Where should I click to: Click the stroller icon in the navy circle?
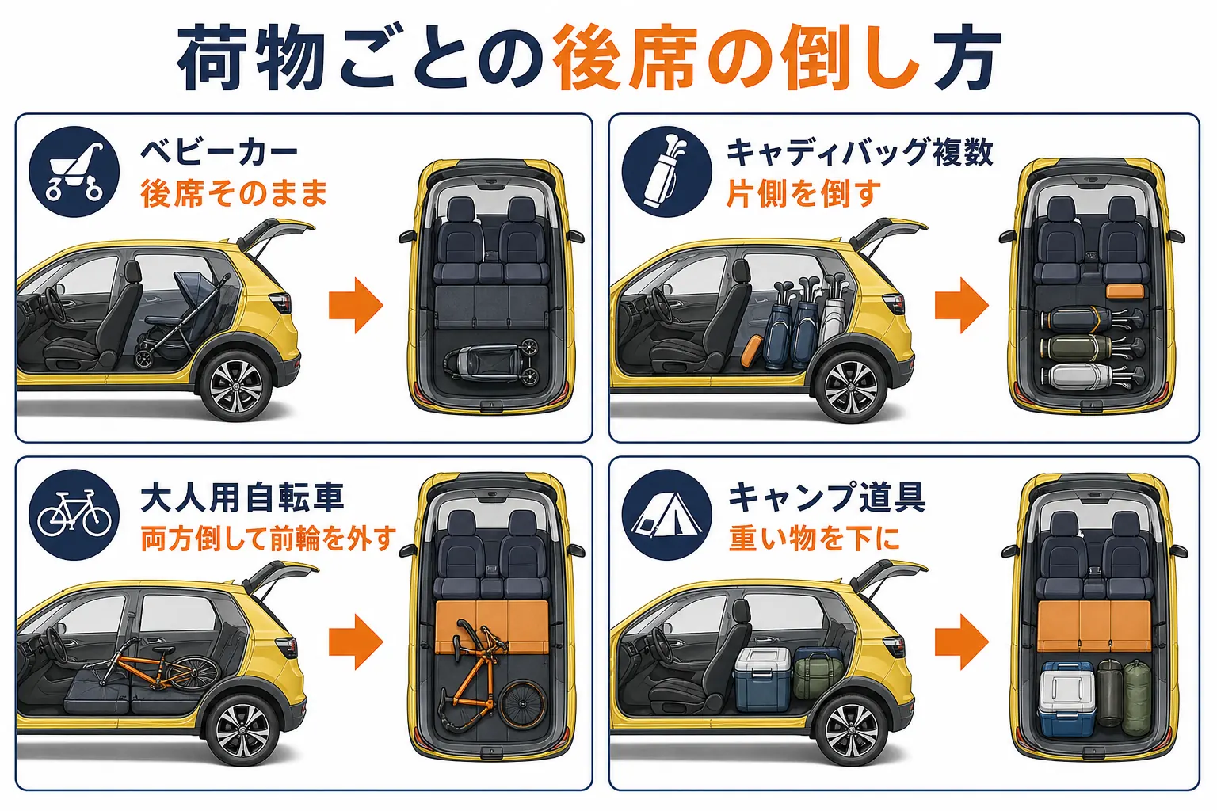[x=74, y=172]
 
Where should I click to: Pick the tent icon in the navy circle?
[x=666, y=515]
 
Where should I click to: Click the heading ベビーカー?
[x=219, y=151]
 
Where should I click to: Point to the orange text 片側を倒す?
[x=803, y=193]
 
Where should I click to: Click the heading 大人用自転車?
[x=242, y=497]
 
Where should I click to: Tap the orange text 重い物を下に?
[x=814, y=539]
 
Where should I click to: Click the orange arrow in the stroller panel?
[x=356, y=305]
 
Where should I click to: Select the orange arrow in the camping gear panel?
[x=962, y=642]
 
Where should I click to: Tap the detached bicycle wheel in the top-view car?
[x=522, y=705]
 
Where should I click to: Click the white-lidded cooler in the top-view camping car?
[x=1066, y=699]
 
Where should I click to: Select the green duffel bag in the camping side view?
[x=818, y=673]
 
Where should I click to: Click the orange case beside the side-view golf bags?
[x=751, y=351]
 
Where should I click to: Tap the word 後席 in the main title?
[x=625, y=57]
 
